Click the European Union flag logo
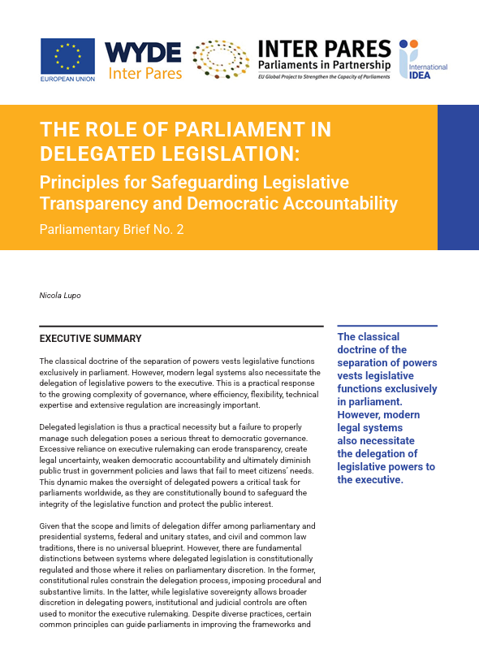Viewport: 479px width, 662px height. pyautogui.click(x=67, y=55)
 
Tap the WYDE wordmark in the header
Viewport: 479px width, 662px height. pyautogui.click(x=143, y=52)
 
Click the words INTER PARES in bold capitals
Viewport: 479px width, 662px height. pyautogui.click(x=324, y=49)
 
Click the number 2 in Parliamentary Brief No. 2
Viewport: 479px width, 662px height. pyautogui.click(x=180, y=229)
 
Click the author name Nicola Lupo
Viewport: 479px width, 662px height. pyautogui.click(x=61, y=296)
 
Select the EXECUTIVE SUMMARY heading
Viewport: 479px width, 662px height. pyautogui.click(x=90, y=339)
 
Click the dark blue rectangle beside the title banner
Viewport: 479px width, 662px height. pyautogui.click(x=458, y=177)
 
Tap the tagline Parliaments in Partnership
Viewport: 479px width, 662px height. pyautogui.click(x=324, y=65)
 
